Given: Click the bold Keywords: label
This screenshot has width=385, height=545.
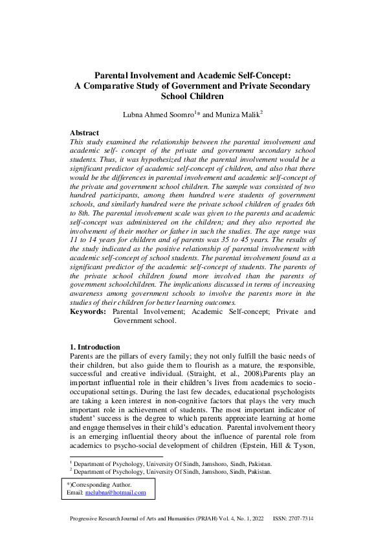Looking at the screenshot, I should [x=87, y=311].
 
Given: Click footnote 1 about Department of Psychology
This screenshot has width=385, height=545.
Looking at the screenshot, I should [x=172, y=464].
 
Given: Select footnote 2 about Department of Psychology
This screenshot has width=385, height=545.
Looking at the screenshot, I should [x=172, y=472].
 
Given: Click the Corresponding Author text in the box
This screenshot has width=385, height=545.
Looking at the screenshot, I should [x=101, y=485].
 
